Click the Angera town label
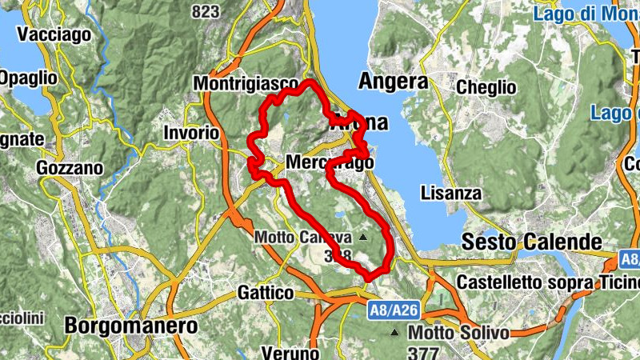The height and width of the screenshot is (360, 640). tap(393, 81)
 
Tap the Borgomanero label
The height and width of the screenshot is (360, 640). tap(131, 326)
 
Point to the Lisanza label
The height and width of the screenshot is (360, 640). tap(451, 194)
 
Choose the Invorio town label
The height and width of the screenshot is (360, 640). tap(191, 132)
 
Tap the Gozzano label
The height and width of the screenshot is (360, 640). tap(70, 168)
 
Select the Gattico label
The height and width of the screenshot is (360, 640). tap(266, 293)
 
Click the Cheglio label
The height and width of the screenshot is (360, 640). tap(486, 86)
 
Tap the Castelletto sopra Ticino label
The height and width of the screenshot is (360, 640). tap(548, 282)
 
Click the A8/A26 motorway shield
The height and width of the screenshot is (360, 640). tap(394, 309)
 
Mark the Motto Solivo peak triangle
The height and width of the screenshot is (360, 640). tap(394, 332)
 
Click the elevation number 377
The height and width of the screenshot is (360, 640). tap(423, 353)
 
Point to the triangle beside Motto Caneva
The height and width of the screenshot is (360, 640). tap(364, 238)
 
